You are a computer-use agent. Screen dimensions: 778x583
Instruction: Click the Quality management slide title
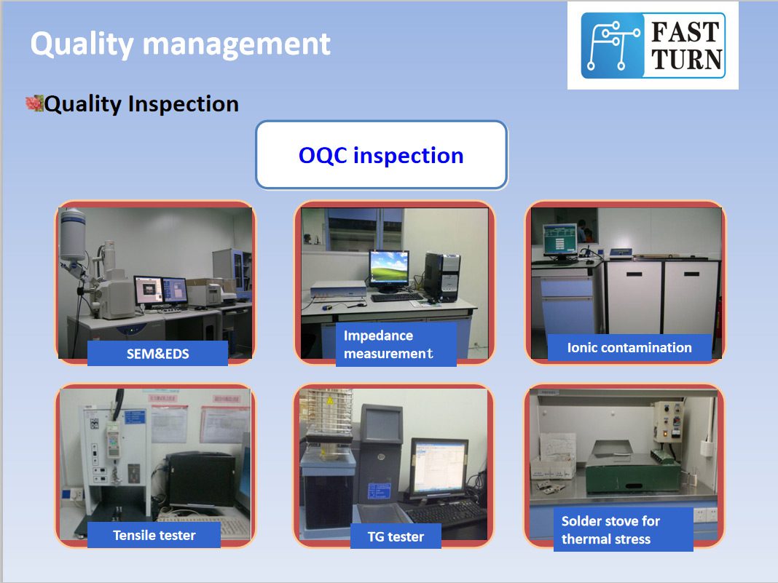tap(180, 44)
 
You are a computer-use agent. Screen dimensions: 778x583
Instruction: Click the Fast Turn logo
tap(653, 46)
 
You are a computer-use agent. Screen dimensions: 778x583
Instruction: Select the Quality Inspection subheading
tap(141, 104)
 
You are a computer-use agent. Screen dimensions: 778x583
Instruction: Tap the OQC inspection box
tap(382, 155)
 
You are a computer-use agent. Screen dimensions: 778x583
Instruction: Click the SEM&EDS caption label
tap(158, 354)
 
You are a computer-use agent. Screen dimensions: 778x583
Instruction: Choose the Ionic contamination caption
tap(629, 347)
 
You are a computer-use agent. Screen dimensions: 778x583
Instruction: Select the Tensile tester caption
tap(154, 536)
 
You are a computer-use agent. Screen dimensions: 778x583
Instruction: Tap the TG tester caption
tap(396, 536)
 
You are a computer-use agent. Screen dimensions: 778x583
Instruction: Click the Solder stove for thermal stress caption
tap(623, 529)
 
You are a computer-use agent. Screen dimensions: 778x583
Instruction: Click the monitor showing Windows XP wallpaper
tap(389, 270)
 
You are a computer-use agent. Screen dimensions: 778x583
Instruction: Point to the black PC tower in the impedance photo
tap(441, 277)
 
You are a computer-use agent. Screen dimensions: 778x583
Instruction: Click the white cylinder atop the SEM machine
tap(72, 235)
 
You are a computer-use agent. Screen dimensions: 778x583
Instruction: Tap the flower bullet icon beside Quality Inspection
tap(34, 103)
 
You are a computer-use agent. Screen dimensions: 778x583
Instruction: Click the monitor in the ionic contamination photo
tap(560, 241)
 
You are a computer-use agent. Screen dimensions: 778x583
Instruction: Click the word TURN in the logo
tap(686, 60)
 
